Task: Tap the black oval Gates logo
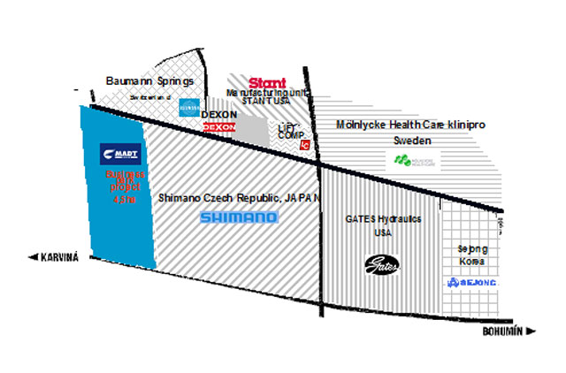[384, 263]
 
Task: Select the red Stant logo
[268, 82]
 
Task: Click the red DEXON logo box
[219, 128]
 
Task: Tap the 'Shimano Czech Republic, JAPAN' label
[239, 198]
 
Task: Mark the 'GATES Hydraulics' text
[382, 217]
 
